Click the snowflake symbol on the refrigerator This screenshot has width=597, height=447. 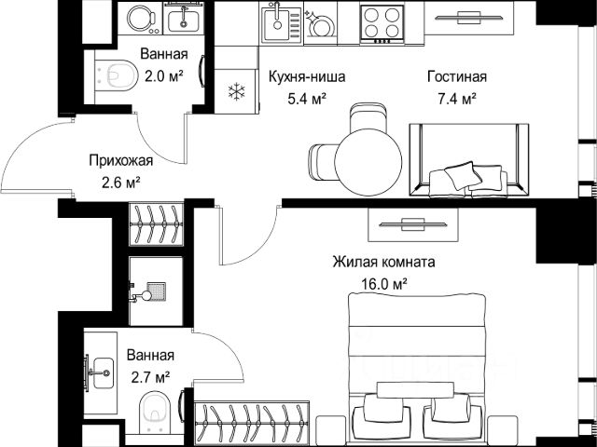[236, 91]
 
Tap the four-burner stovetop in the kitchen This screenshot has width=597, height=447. [382, 23]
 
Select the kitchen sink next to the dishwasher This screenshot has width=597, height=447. [282, 23]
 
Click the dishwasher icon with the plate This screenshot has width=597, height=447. [320, 23]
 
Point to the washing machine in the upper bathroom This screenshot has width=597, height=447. [140, 19]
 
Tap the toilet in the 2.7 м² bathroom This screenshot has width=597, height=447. [155, 413]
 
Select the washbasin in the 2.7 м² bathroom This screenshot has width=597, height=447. [100, 372]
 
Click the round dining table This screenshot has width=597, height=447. [368, 162]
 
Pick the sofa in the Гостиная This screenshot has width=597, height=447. [469, 160]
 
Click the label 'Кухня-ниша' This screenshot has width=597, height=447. [307, 76]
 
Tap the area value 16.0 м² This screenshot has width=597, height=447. [384, 284]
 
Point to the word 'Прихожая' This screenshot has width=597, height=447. [121, 160]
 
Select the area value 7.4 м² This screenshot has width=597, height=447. [456, 100]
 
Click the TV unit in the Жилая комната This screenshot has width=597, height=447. [413, 224]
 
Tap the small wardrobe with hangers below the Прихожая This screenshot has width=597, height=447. [156, 224]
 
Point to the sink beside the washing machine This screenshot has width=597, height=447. [184, 19]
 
